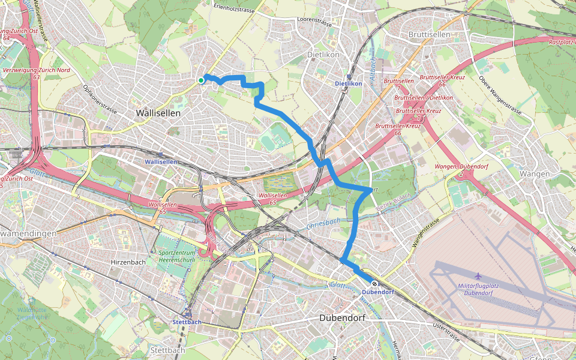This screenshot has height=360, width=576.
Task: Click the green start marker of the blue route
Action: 201,80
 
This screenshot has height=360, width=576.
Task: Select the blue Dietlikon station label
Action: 348,83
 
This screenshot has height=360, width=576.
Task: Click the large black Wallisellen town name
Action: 158,113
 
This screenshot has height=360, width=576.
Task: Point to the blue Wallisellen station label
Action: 161,162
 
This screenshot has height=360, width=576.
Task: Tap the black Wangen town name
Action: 536,174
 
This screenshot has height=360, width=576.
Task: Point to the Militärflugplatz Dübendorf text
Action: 479,289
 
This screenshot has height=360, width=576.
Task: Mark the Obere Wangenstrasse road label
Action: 501,96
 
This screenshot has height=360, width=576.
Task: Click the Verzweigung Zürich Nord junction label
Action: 28,73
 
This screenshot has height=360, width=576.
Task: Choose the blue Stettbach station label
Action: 186,322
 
